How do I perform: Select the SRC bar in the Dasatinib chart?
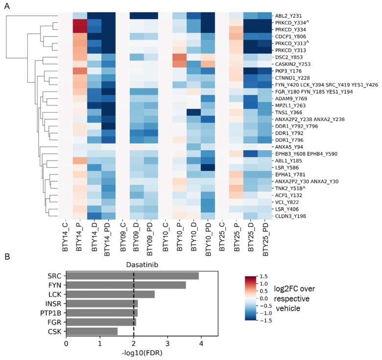(x=132, y=276)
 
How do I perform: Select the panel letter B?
(x=8, y=255)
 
